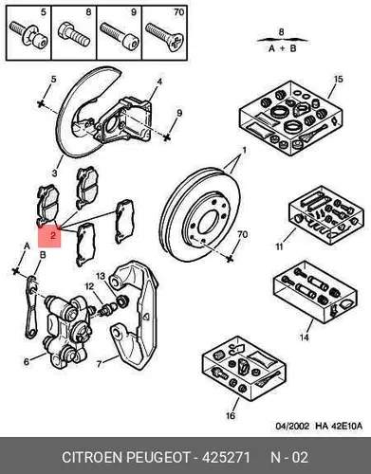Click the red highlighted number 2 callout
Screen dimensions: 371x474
tap(49, 236)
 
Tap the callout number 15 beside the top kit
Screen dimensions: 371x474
tap(338, 79)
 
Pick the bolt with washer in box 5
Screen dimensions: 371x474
tap(28, 34)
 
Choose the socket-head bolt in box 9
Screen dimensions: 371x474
tap(120, 35)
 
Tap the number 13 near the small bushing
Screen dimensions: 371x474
tap(101, 276)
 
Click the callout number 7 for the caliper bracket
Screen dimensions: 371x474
tap(99, 364)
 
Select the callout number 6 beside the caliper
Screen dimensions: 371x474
tap(27, 361)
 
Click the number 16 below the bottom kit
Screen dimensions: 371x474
tap(231, 415)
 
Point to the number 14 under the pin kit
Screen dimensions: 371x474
tap(304, 337)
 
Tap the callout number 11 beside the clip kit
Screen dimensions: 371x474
tap(279, 246)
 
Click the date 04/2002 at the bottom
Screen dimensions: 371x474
tap(292, 426)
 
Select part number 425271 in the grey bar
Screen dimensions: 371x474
tap(226, 457)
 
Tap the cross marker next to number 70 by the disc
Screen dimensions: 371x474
tap(230, 259)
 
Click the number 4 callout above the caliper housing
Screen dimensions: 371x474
tap(159, 82)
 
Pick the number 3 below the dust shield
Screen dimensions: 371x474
tap(55, 173)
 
